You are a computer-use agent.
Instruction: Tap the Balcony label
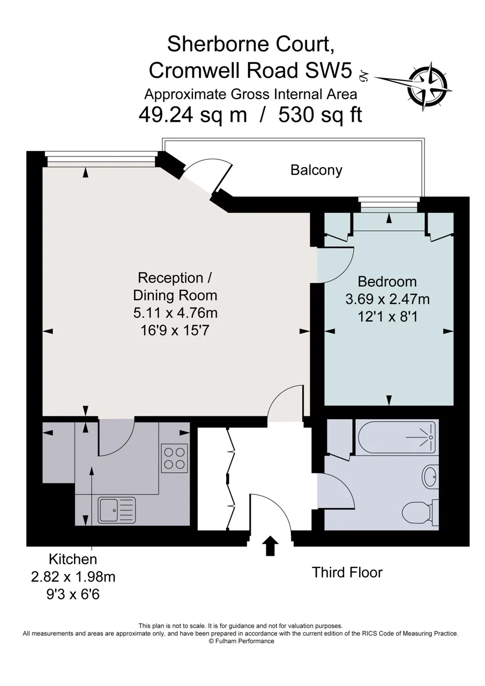[x=316, y=170]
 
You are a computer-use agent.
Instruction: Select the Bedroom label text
[x=387, y=281]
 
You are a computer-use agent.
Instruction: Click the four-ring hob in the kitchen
[x=174, y=458]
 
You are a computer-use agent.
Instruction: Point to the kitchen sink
[x=117, y=510]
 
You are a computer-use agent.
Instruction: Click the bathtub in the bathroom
[x=396, y=437]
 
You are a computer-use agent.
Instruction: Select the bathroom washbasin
[x=430, y=476]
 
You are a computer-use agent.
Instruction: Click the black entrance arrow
[x=270, y=546]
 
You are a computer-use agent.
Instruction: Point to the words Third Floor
[x=347, y=572]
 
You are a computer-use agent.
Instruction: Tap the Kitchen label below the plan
[x=73, y=559]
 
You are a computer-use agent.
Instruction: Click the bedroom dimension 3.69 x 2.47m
[x=387, y=299]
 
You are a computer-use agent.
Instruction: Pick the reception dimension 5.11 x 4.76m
[x=175, y=313]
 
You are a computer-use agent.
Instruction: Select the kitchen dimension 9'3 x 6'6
[x=73, y=594]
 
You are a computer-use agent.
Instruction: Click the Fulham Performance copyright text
[x=242, y=641]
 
